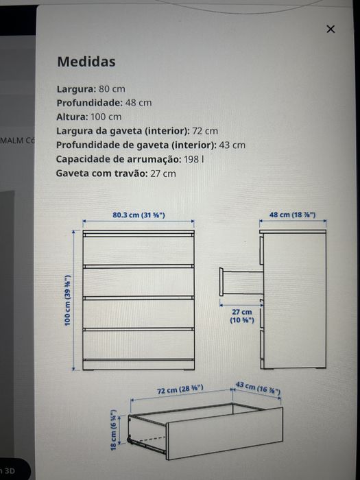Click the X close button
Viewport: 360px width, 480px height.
[x=331, y=29]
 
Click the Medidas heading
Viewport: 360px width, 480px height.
[x=86, y=62]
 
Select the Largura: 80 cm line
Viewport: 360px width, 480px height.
[x=91, y=89]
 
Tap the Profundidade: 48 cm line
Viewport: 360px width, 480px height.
[x=104, y=103]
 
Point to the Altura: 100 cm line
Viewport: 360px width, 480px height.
[x=88, y=117]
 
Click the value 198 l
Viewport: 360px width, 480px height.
[x=193, y=159]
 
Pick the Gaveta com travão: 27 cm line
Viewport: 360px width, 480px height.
[x=115, y=173]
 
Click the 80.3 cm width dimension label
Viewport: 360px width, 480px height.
[x=139, y=215]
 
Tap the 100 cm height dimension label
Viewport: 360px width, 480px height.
[x=68, y=301]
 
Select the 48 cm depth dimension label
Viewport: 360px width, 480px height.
[x=292, y=215]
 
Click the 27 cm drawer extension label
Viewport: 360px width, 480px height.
[x=241, y=315]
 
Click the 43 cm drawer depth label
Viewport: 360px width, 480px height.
[x=258, y=388]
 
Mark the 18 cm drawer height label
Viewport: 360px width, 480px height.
[x=115, y=431]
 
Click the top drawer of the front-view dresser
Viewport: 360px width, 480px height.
[x=139, y=250]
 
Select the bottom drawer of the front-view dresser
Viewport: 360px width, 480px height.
[x=139, y=345]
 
